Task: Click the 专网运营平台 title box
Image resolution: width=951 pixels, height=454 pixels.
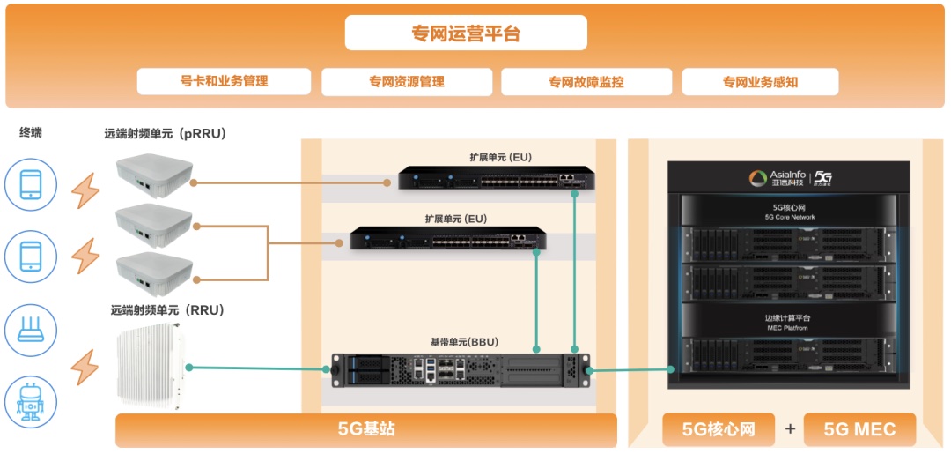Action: click(x=466, y=33)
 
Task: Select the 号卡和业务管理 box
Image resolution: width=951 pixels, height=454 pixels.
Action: click(x=224, y=81)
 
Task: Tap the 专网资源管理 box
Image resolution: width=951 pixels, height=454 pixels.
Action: click(x=406, y=82)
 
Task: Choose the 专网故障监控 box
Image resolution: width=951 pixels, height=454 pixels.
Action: click(x=586, y=82)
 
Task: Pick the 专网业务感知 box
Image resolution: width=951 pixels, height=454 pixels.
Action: click(x=760, y=82)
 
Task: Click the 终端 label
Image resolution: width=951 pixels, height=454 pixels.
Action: click(x=31, y=133)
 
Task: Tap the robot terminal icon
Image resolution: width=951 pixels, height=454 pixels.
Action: click(x=31, y=401)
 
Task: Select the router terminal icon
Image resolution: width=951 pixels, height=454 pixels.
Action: click(x=31, y=330)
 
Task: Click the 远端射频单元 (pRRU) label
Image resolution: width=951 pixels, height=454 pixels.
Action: click(x=166, y=134)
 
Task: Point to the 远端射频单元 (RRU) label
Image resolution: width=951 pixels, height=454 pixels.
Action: click(x=167, y=310)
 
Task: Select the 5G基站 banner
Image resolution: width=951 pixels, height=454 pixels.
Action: click(x=366, y=429)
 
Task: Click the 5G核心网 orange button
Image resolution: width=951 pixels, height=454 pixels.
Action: click(x=719, y=429)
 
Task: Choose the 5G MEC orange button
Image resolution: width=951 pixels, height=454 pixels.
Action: click(x=859, y=429)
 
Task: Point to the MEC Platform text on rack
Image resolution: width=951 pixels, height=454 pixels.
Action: click(x=787, y=328)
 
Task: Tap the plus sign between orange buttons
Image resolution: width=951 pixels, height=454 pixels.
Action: click(x=790, y=429)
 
